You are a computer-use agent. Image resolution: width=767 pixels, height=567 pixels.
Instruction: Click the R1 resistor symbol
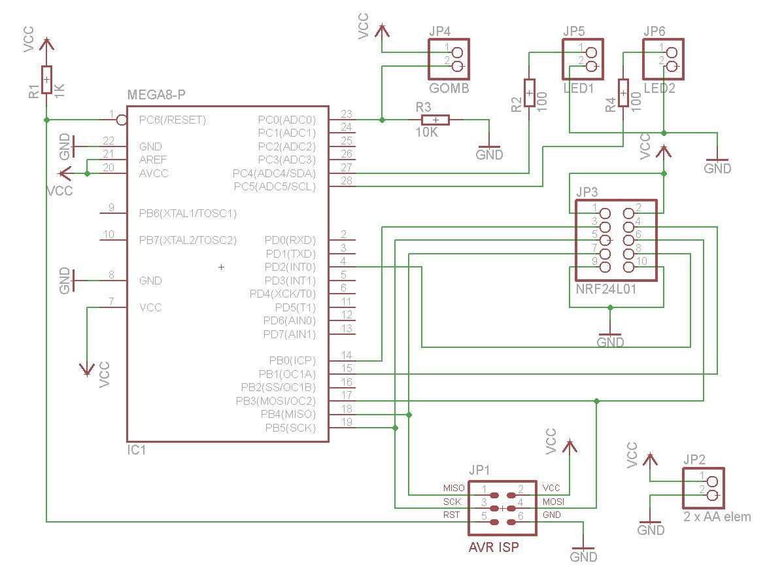[x=46, y=79]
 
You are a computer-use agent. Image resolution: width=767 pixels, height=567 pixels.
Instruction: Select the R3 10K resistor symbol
[x=435, y=120]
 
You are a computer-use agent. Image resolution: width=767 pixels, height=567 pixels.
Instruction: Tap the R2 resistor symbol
[x=529, y=92]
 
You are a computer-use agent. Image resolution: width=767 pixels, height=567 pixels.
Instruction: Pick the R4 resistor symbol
[x=623, y=92]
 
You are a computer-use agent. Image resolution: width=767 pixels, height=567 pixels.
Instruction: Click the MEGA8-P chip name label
[x=156, y=94]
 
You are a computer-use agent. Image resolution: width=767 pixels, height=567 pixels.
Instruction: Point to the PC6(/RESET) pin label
[x=172, y=120]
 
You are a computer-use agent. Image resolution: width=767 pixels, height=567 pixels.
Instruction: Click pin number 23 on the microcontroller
[x=347, y=114]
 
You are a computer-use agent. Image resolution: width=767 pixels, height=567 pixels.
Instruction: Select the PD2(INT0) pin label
[x=290, y=267]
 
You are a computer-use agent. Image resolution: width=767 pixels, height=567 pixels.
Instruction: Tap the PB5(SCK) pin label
[x=290, y=428]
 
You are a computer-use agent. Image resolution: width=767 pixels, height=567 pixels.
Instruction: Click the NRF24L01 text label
[x=605, y=289]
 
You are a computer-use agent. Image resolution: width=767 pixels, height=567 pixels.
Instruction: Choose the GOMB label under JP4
[x=449, y=88]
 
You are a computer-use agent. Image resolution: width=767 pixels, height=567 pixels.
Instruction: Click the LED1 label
[x=579, y=88]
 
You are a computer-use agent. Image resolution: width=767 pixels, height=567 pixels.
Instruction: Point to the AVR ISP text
[x=494, y=547]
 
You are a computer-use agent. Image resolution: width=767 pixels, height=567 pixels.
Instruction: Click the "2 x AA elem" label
[x=717, y=517]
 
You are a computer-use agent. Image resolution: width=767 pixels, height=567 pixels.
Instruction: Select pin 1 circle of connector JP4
[x=458, y=52]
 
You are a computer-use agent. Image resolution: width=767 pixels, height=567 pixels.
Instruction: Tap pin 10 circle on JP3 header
[x=628, y=267]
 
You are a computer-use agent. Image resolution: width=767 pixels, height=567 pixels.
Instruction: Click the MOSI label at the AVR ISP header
[x=553, y=502]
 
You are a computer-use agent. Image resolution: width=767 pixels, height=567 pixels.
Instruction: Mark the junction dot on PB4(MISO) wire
[x=409, y=415]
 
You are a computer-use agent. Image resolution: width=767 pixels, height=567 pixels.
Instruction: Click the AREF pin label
[x=152, y=160]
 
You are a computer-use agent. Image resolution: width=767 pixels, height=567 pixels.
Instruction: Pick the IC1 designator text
[x=137, y=450]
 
